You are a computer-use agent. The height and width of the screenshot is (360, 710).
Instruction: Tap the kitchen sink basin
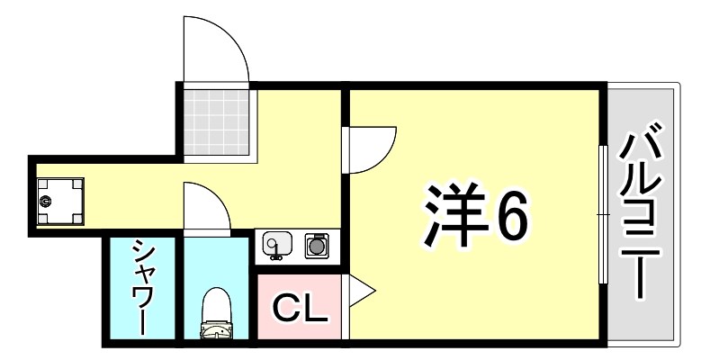pyautogui.click(x=275, y=243)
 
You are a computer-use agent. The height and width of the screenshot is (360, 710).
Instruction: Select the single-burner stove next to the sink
pyautogui.click(x=315, y=244)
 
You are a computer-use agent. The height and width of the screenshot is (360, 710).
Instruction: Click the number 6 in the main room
pyautogui.click(x=509, y=217)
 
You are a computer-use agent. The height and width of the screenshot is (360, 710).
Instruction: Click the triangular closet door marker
pyautogui.click(x=358, y=291)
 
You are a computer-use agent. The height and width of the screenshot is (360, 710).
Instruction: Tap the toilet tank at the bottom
pyautogui.click(x=216, y=334)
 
